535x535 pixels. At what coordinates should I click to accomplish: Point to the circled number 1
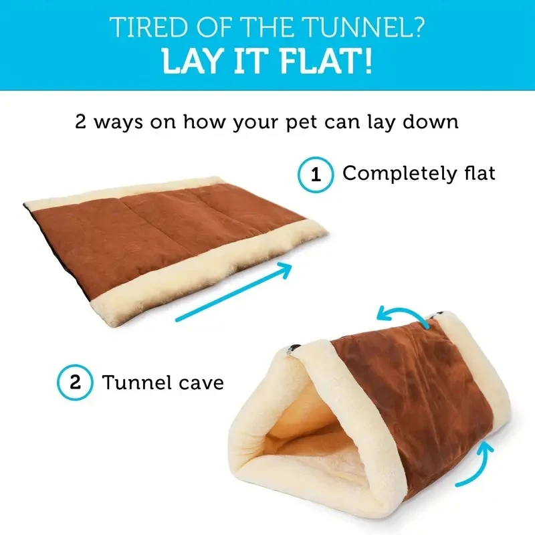[315, 175]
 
